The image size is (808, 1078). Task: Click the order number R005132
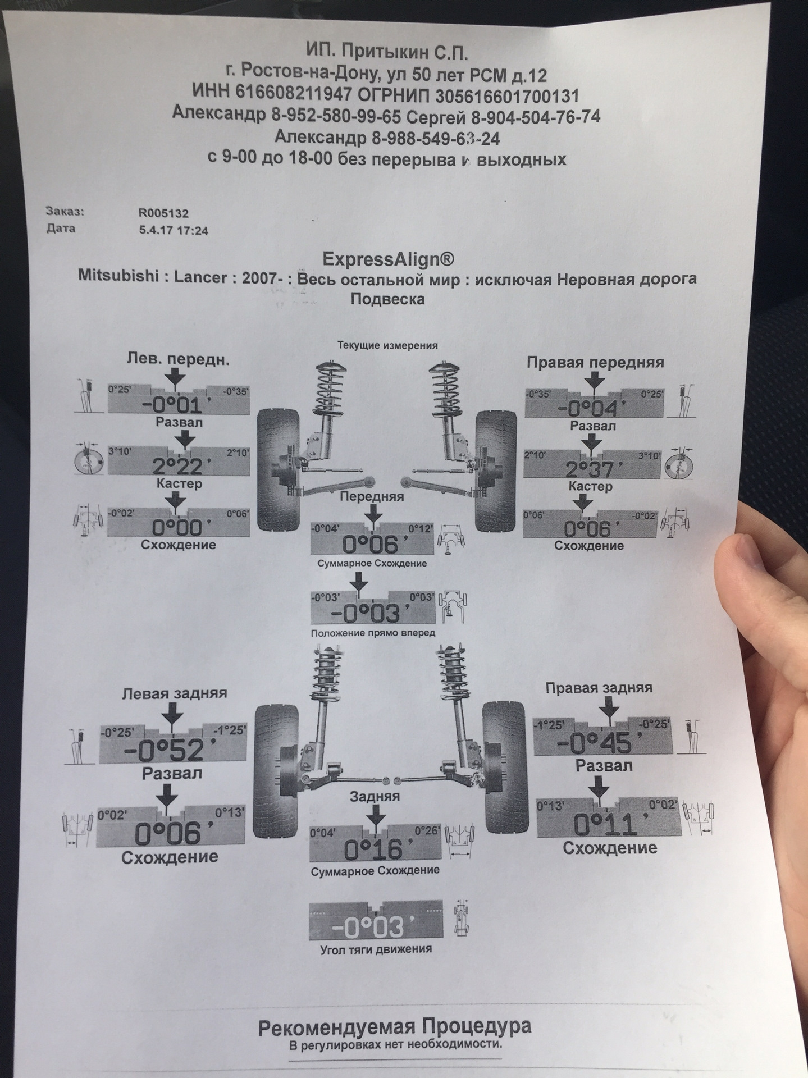(164, 213)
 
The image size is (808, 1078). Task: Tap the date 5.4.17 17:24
(173, 230)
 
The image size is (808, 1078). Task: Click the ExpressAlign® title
(387, 259)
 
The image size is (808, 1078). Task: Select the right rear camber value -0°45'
(603, 744)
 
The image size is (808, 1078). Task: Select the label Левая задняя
(175, 693)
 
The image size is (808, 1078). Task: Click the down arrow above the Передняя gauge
(372, 514)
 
